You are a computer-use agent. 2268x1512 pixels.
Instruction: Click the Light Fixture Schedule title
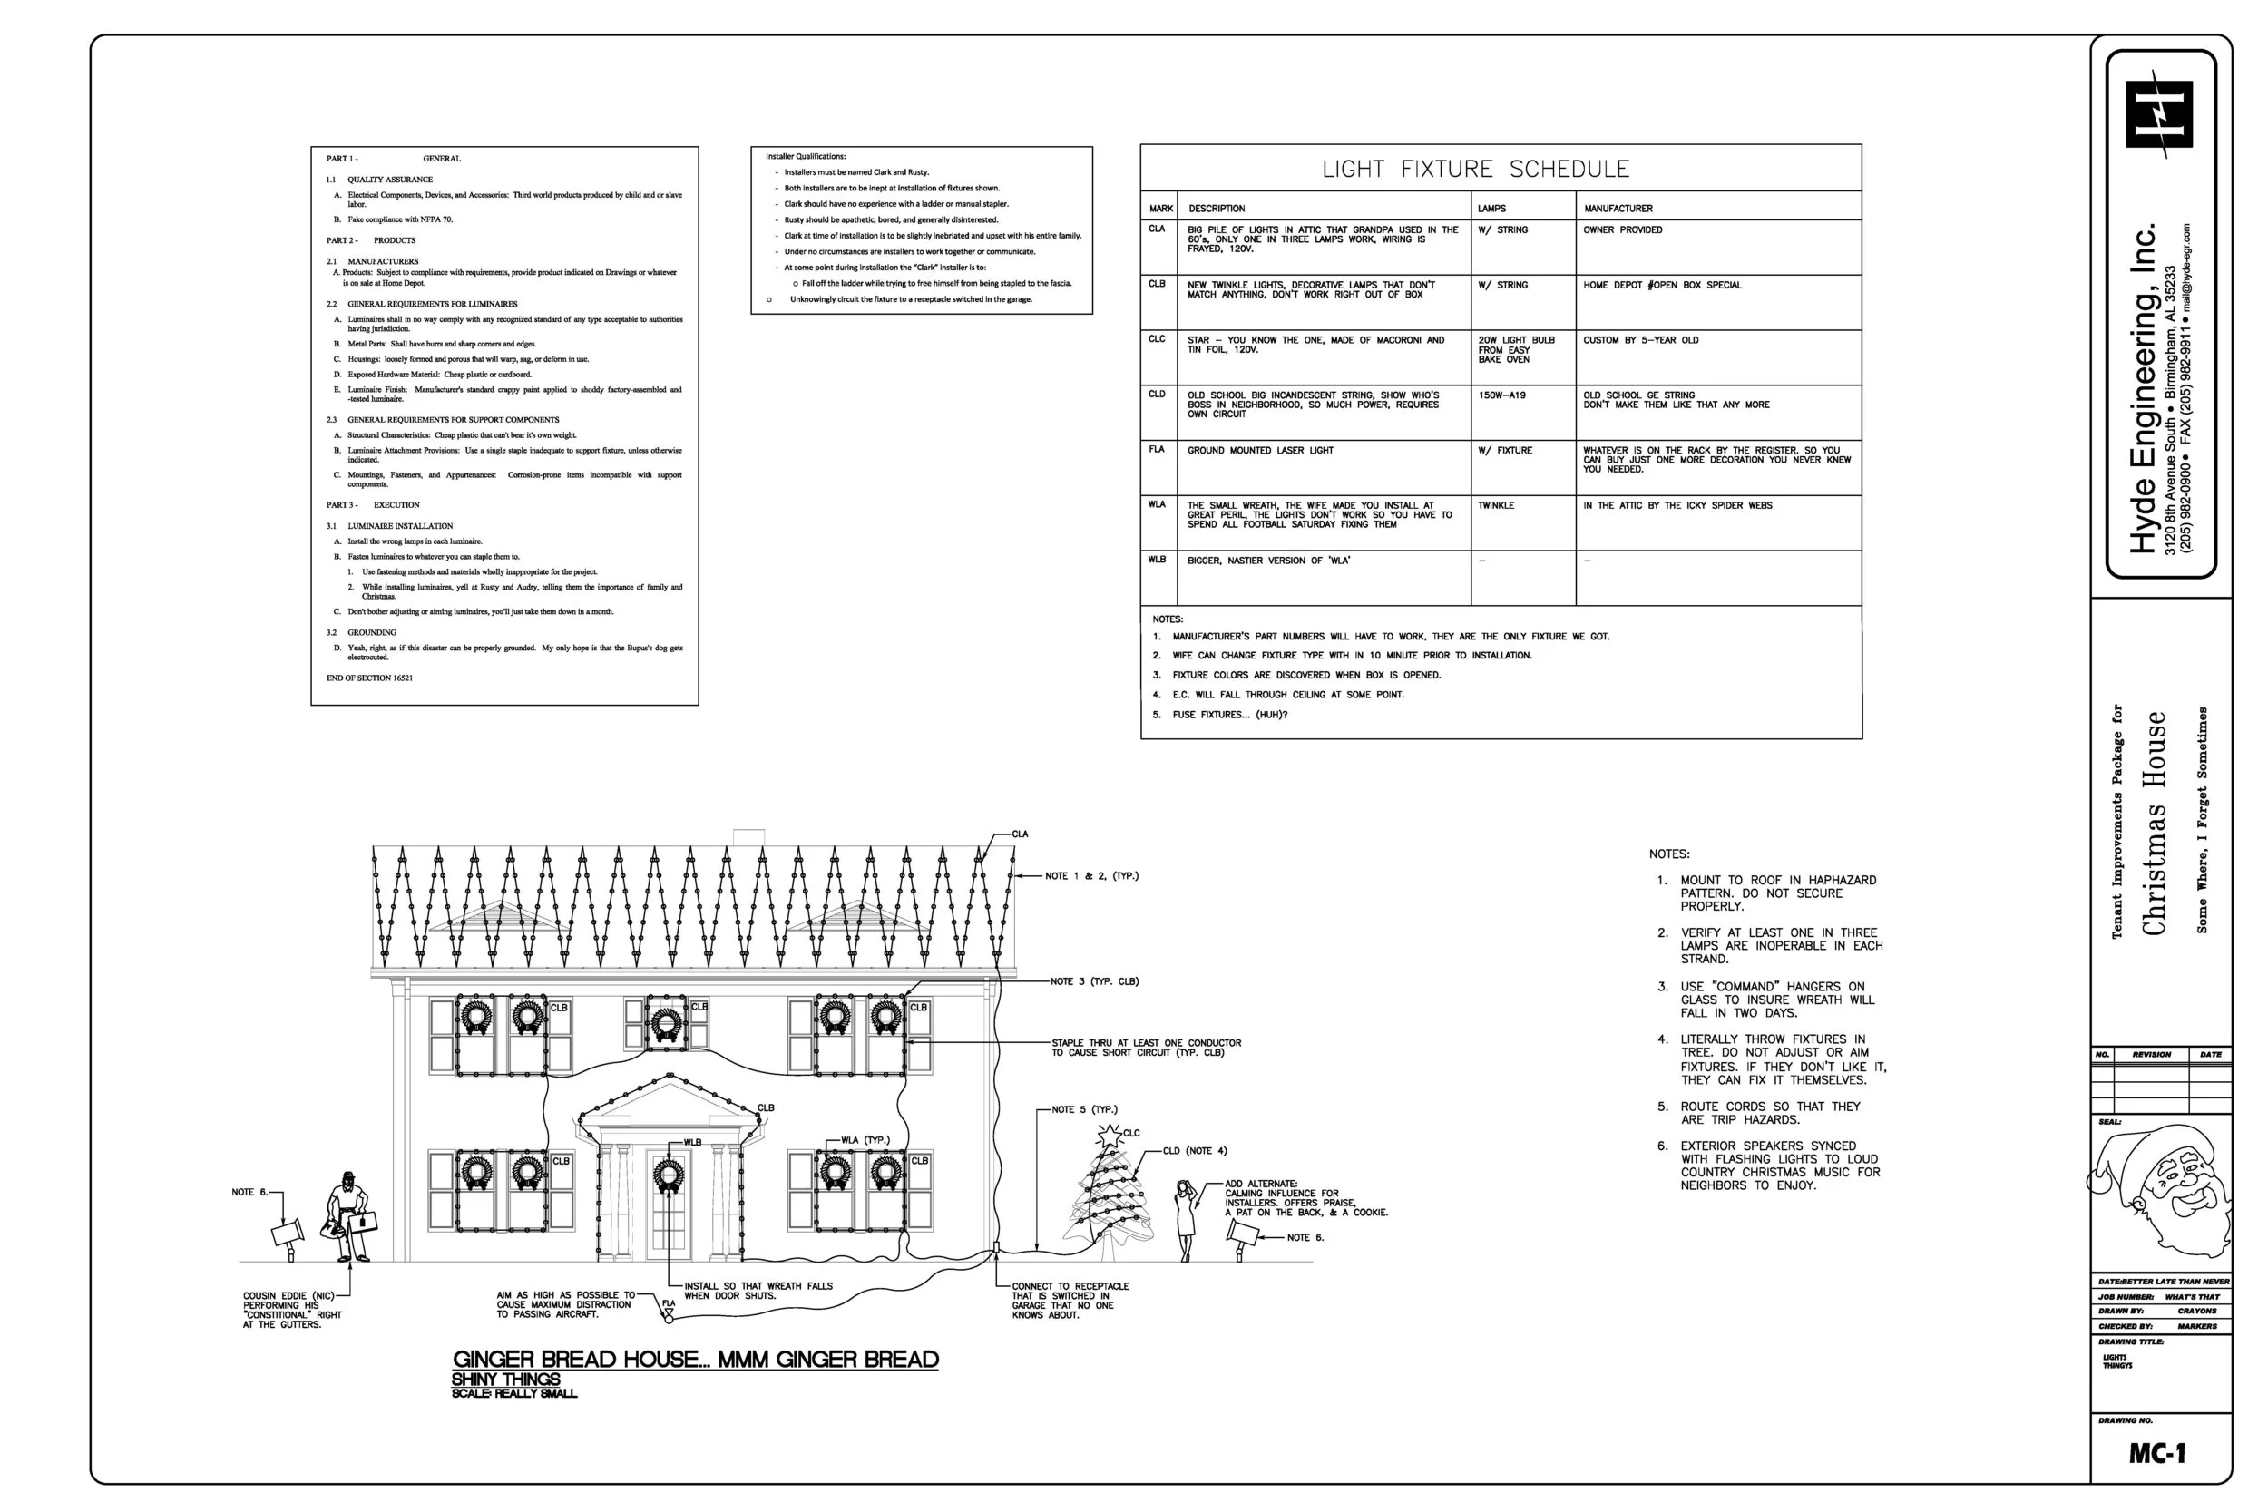[1474, 169]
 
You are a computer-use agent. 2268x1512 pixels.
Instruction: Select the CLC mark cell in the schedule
[1158, 339]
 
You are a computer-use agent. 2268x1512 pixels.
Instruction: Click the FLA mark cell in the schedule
[1158, 449]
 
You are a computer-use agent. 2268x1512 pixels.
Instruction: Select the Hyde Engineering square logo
[2159, 113]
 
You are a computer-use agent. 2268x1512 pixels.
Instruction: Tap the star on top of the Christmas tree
[1110, 1135]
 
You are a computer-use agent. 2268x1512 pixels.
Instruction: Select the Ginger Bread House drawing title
[695, 1360]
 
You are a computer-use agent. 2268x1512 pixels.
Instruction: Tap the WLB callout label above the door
[692, 1143]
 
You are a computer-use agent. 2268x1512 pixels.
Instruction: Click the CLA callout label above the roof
[1020, 834]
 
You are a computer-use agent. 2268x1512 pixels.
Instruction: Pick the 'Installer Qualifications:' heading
[806, 156]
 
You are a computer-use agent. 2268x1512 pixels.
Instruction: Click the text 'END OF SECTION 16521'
[369, 678]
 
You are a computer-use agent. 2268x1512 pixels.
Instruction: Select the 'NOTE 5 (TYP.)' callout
[1084, 1110]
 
